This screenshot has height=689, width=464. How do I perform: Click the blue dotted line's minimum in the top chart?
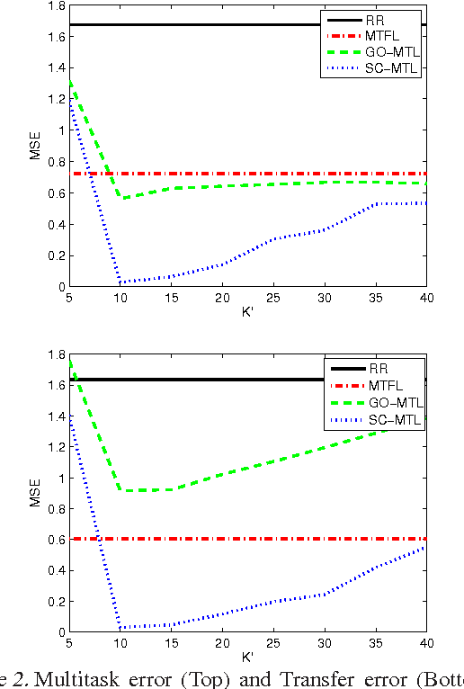click(120, 282)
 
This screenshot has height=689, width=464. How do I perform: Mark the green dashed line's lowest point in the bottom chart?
click(126, 490)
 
